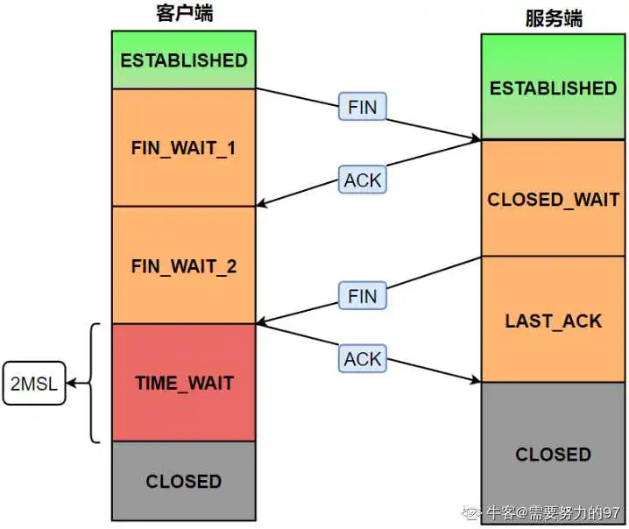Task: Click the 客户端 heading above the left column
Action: (x=185, y=13)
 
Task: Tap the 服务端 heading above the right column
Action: (x=554, y=18)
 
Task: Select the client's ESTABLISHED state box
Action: (x=184, y=60)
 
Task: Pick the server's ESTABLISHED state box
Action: (x=553, y=87)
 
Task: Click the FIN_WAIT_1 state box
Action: (x=184, y=148)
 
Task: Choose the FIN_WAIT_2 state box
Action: (x=184, y=265)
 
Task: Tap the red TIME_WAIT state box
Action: (x=184, y=383)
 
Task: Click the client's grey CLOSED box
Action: (x=184, y=482)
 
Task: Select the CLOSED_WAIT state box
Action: (x=553, y=198)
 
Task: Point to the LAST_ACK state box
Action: (x=553, y=320)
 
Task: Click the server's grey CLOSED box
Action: (x=553, y=453)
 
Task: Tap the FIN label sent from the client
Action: (x=363, y=107)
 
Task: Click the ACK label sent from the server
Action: (x=363, y=180)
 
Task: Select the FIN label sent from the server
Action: (x=363, y=296)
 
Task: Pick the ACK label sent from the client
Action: (x=363, y=358)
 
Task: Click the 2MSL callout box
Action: (x=34, y=384)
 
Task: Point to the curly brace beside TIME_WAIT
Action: (x=92, y=383)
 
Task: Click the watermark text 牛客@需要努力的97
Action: (x=553, y=512)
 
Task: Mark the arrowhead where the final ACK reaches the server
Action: (x=477, y=379)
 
